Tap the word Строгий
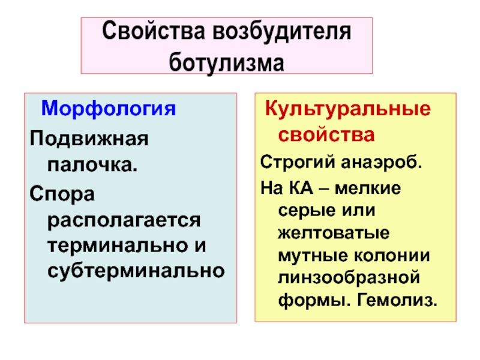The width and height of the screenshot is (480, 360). pyautogui.click(x=291, y=162)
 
